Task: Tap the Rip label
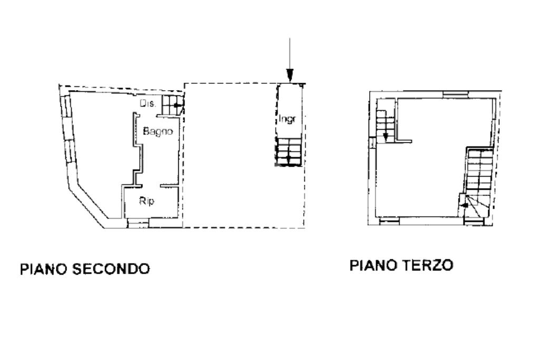coord(147,201)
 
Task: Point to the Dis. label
coord(148,104)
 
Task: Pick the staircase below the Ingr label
coord(289,151)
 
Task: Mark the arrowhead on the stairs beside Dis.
coord(177,105)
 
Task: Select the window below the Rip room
coord(138,224)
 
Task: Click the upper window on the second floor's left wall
coord(65,107)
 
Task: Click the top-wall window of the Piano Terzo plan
coord(455,94)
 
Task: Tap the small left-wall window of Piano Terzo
coord(372,142)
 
